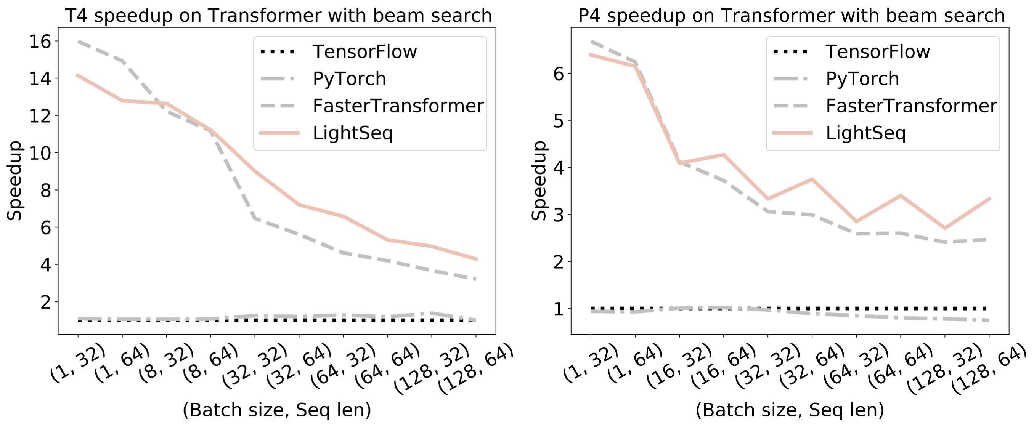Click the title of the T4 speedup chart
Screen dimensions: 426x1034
click(278, 15)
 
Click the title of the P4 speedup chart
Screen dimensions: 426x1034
click(791, 15)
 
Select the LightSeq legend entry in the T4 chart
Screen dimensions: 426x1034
click(352, 133)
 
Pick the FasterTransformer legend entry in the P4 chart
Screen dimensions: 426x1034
click(911, 106)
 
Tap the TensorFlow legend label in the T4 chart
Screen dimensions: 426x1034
click(364, 52)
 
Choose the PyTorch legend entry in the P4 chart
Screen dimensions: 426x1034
click(862, 78)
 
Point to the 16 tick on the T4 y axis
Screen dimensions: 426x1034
click(40, 41)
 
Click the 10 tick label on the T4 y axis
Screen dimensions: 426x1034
click(40, 153)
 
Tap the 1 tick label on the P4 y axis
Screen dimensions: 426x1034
click(559, 309)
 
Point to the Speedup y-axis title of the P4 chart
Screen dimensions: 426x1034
click(539, 181)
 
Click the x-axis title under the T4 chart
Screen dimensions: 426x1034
click(277, 410)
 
